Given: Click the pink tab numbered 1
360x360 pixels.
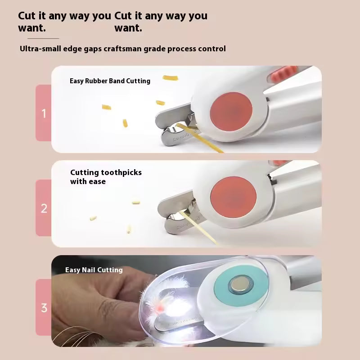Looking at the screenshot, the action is (x=43, y=113).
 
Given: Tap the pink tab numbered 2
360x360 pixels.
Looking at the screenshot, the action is (x=43, y=208).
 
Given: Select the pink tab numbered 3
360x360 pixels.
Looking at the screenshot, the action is (x=43, y=307).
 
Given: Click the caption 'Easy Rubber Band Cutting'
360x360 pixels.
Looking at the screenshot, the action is (x=110, y=81).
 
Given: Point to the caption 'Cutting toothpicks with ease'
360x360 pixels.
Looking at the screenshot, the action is (x=106, y=177).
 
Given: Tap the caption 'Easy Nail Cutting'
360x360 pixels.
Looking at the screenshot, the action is (x=94, y=270).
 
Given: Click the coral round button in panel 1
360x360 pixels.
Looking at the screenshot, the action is (x=231, y=112).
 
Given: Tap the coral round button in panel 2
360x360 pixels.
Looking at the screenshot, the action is (x=233, y=197).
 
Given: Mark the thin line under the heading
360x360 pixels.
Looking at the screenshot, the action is (x=43, y=38).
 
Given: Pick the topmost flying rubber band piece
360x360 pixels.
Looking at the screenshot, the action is (x=171, y=78).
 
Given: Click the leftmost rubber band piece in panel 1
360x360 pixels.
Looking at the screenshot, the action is (x=106, y=107).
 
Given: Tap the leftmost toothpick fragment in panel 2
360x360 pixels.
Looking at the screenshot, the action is (x=93, y=218).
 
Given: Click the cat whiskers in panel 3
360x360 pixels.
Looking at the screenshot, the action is (x=73, y=335).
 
